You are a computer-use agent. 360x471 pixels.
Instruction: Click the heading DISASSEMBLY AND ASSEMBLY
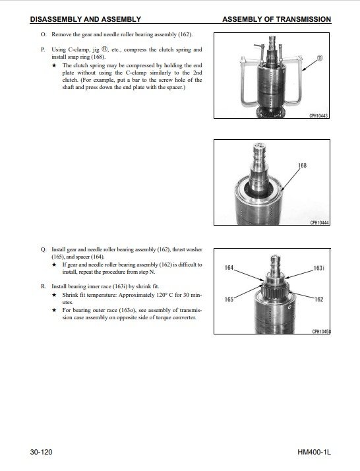[85, 19]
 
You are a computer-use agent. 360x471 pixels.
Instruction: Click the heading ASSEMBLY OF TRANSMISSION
[276, 19]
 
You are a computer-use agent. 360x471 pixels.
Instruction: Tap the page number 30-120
[41, 452]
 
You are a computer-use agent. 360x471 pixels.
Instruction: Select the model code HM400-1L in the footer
[314, 452]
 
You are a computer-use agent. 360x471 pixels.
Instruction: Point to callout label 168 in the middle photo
[302, 165]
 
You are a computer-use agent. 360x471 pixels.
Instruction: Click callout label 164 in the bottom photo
[229, 267]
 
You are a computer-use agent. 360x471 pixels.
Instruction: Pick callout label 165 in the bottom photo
[229, 299]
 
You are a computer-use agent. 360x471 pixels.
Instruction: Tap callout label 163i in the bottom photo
[318, 268]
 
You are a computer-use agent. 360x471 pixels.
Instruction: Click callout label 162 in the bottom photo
[319, 299]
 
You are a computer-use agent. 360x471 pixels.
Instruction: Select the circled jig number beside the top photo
[320, 57]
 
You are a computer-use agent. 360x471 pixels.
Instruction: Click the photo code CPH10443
[318, 115]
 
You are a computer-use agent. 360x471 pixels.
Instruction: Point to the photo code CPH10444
[320, 222]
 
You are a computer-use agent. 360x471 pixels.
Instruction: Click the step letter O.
[44, 34]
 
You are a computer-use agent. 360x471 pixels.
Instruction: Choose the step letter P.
[43, 49]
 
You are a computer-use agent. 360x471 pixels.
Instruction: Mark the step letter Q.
[44, 249]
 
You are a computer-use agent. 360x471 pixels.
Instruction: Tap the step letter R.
[44, 286]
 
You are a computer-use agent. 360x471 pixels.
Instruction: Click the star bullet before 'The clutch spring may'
[54, 65]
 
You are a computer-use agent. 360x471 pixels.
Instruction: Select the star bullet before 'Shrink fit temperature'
[54, 295]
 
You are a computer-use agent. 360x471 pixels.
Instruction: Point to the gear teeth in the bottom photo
[275, 292]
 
